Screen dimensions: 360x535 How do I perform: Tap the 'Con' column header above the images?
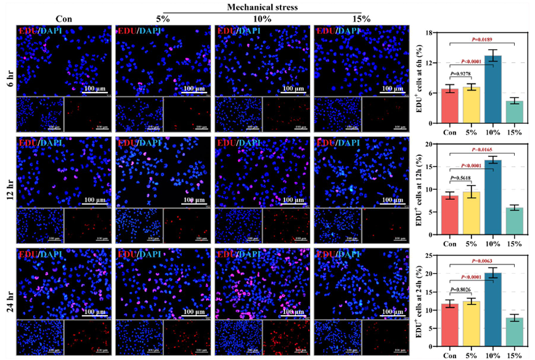(63, 18)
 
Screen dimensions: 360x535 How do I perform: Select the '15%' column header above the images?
(361, 18)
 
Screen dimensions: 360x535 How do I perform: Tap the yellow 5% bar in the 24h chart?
(472, 325)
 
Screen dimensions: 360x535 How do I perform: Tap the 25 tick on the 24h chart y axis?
(433, 255)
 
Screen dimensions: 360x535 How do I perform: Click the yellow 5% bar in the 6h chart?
(472, 105)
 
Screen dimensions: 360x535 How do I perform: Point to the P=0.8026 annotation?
(461, 289)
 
